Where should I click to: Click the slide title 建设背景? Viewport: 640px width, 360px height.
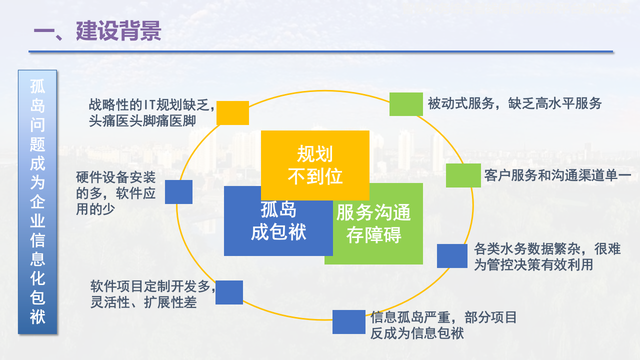click(118, 31)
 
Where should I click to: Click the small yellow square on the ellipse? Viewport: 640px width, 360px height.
click(232, 113)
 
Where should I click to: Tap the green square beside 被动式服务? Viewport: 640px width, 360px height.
click(406, 104)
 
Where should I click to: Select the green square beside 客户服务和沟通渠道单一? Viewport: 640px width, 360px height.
click(463, 175)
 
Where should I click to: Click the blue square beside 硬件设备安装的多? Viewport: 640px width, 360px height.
click(178, 192)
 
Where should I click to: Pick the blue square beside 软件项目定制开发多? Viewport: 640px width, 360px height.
click(229, 292)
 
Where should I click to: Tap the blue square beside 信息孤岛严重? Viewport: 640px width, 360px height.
click(349, 322)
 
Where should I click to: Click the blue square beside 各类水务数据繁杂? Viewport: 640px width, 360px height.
click(452, 256)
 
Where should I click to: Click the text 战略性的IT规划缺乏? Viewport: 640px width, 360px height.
click(151, 105)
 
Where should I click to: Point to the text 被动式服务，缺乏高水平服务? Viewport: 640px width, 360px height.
click(514, 103)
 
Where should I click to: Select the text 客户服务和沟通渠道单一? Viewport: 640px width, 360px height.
click(558, 175)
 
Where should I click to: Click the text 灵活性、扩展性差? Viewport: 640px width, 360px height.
click(143, 302)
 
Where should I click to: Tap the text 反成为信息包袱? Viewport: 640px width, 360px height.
click(417, 333)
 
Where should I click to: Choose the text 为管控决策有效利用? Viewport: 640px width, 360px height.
click(533, 264)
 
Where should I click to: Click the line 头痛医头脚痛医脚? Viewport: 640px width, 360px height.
click(142, 121)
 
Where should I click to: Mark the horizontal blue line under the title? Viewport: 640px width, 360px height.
click(320, 51)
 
